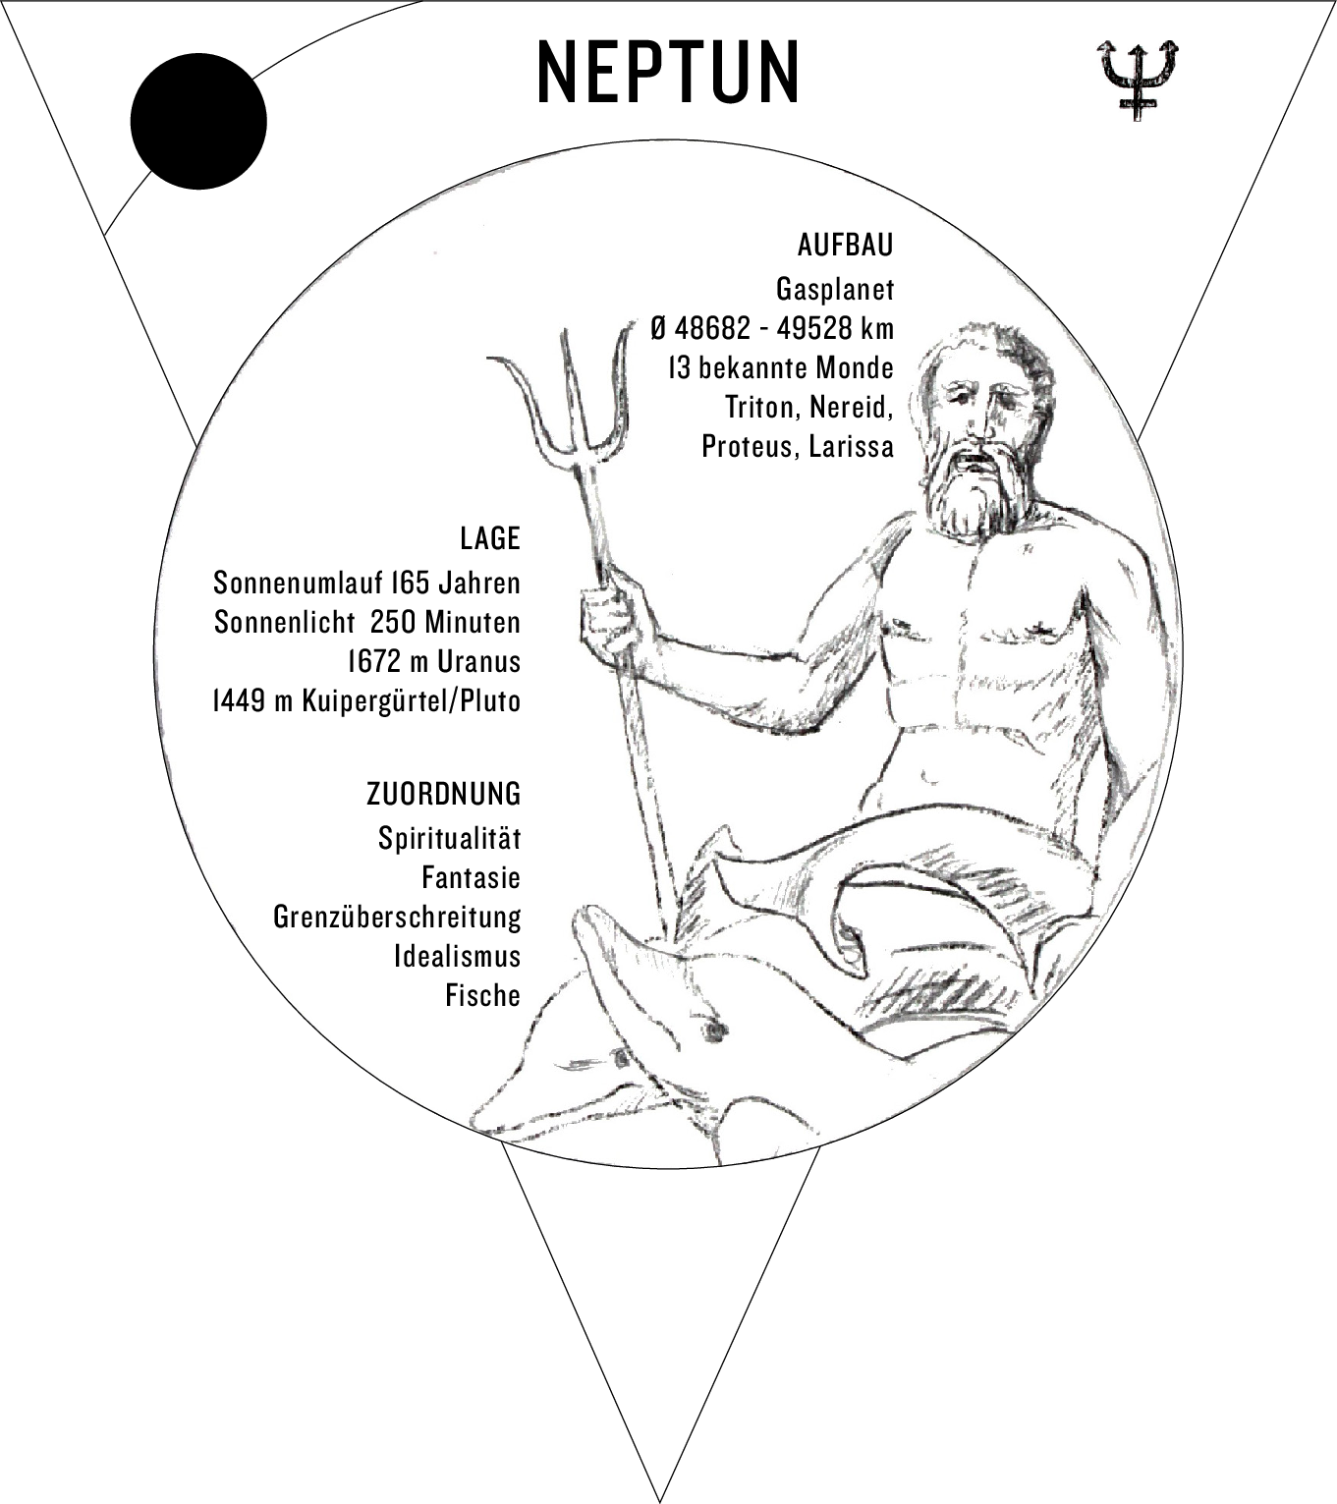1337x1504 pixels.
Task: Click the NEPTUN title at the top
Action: point(667,72)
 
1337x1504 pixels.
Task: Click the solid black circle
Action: point(198,121)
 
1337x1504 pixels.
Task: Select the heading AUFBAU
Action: point(846,245)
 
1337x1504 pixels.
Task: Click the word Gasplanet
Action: point(835,289)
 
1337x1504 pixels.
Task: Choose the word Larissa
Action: point(852,446)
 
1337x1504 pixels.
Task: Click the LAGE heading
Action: point(490,539)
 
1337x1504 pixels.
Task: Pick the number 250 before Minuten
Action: point(393,622)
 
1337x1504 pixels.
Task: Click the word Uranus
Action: point(478,661)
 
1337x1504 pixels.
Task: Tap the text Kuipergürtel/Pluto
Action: point(412,700)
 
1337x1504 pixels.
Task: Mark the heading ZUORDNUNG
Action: point(444,795)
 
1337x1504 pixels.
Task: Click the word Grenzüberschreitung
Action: point(397,917)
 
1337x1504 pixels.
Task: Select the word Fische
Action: point(483,995)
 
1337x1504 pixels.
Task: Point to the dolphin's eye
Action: point(715,1029)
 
